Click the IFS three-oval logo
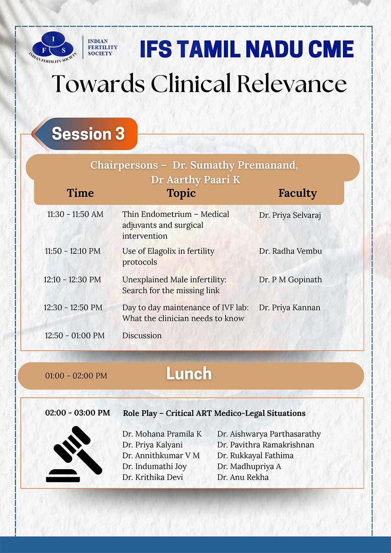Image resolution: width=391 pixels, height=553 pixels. (x=53, y=47)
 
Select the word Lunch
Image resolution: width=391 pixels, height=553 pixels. (x=189, y=373)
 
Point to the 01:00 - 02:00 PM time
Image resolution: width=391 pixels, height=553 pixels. (x=76, y=376)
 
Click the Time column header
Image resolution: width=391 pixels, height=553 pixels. (x=80, y=193)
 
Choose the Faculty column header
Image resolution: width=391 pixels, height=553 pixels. (x=298, y=194)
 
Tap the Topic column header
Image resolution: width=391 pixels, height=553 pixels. (x=181, y=194)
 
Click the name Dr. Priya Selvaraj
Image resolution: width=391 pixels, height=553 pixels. (x=290, y=215)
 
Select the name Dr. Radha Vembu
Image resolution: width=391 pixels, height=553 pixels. (x=290, y=251)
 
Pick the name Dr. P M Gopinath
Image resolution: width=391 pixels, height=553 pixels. (x=290, y=280)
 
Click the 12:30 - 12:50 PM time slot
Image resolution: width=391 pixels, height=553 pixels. (x=73, y=308)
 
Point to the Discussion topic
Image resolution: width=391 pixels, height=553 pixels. (x=142, y=336)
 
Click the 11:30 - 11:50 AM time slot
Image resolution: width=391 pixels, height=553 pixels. (x=75, y=214)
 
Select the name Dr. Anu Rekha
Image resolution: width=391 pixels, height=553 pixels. (x=243, y=477)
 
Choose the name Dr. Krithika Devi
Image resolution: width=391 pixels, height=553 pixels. (x=152, y=477)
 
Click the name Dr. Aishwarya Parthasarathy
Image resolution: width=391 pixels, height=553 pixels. (x=269, y=434)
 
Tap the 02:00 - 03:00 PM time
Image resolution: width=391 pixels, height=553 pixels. (x=77, y=413)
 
